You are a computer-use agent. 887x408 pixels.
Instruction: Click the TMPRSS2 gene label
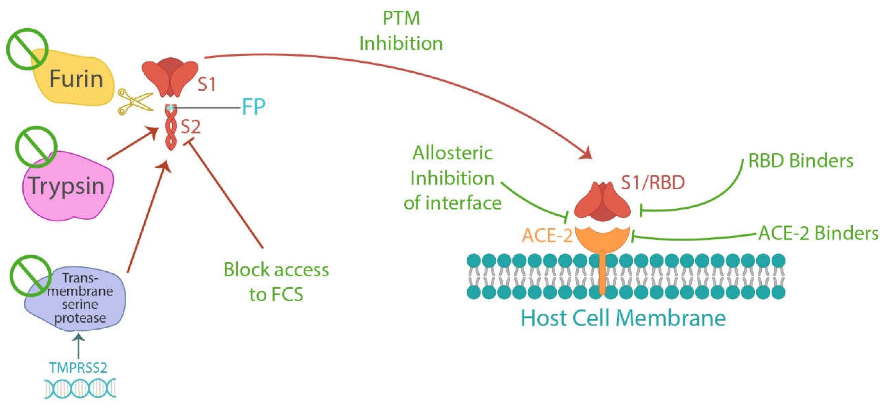click(x=78, y=368)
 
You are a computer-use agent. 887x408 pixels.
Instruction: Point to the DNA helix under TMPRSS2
click(x=80, y=388)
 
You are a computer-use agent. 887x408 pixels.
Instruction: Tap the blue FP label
click(x=253, y=107)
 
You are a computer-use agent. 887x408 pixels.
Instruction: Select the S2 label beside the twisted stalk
click(x=190, y=127)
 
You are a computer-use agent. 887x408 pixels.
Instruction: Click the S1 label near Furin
click(x=207, y=85)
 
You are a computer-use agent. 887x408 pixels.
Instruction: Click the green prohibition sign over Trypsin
click(x=36, y=147)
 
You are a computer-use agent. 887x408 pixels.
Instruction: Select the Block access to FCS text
click(x=276, y=282)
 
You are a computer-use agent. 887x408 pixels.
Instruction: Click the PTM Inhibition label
click(x=401, y=31)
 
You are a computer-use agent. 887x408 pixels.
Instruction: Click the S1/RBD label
click(x=652, y=183)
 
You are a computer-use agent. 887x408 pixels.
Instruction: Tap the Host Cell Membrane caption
click(x=623, y=318)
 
